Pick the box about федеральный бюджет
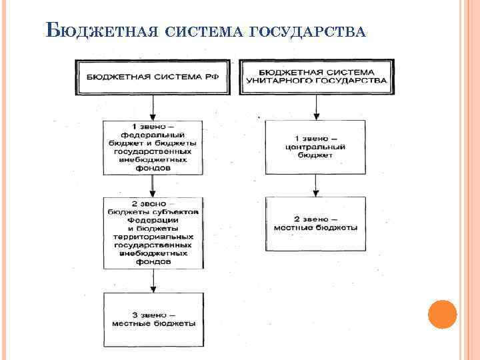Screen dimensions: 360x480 click(153, 147)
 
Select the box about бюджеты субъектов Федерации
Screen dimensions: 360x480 click(153, 232)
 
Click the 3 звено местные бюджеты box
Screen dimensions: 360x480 click(153, 319)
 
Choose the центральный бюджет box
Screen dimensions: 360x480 click(315, 147)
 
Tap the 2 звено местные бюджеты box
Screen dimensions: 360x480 click(315, 223)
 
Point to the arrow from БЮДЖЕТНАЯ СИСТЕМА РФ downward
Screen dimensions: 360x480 click(153, 107)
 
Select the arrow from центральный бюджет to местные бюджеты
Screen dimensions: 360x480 click(315, 185)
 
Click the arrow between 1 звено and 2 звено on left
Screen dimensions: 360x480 click(153, 186)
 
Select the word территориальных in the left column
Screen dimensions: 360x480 click(153, 237)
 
